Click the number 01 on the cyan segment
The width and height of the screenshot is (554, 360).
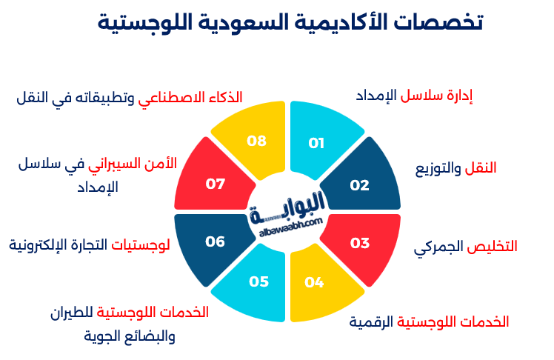coord(316,143)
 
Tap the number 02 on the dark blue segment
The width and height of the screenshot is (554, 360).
coord(359,185)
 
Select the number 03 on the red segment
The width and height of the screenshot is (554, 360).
coord(359,243)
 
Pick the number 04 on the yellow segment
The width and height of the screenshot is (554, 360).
coord(314,282)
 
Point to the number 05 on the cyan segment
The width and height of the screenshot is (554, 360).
coord(258,281)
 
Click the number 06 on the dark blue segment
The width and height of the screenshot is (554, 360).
coord(215,241)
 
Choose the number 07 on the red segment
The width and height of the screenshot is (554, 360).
coord(215,184)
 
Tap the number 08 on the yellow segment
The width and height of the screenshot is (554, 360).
coord(256,141)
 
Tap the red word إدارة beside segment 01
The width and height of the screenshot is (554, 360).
coord(458,97)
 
